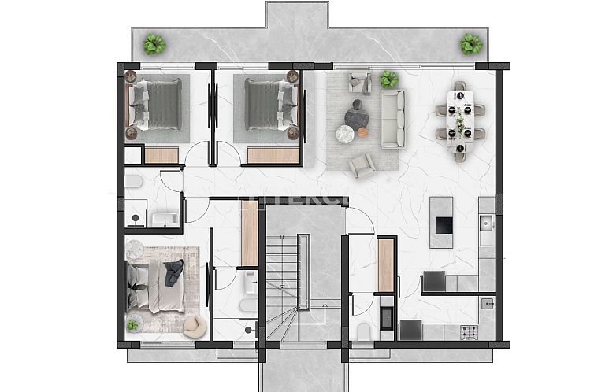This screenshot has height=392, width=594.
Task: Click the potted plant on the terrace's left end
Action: pos(154,43)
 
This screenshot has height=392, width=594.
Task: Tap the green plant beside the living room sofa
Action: pos(388,79)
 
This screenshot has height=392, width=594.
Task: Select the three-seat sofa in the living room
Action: pos(392,118)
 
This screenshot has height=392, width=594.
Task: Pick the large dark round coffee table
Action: pos(356,116)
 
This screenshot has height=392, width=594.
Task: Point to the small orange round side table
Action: pos(363,132)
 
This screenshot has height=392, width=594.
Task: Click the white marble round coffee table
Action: pos(345,135)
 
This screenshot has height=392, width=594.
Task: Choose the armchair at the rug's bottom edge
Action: pos(362,165)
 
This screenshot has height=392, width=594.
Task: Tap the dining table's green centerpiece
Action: pos(461,121)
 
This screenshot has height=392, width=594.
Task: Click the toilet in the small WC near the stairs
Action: pos(364,331)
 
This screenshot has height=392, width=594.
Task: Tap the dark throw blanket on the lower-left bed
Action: pos(173,272)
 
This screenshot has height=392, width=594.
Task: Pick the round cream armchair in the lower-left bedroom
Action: pos(194,325)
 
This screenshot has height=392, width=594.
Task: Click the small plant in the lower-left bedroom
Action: pos(132,324)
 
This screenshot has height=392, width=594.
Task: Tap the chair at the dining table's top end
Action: pos(460,86)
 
